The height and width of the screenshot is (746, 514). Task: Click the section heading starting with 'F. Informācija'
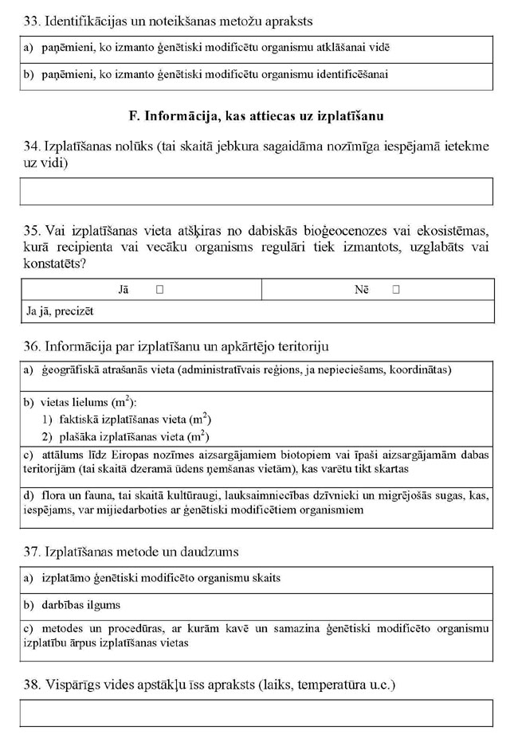[257, 117]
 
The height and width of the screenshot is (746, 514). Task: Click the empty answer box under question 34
[257, 192]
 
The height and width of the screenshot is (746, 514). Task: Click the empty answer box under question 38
[257, 713]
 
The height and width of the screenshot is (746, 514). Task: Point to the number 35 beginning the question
[32, 231]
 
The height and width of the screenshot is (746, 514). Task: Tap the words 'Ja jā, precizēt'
[59, 312]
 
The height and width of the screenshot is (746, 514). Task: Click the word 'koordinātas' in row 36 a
[421, 370]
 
